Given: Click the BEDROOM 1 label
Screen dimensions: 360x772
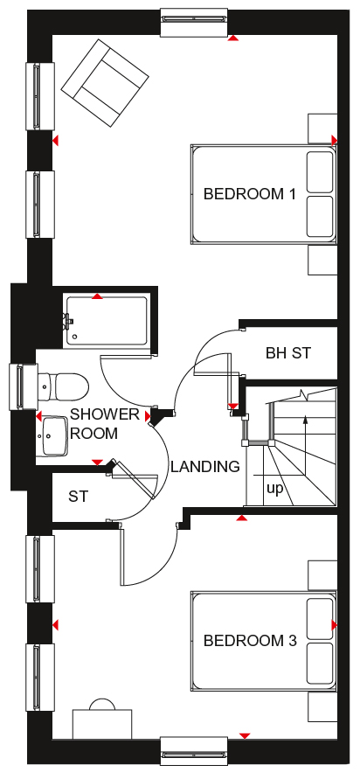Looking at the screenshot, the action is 249,194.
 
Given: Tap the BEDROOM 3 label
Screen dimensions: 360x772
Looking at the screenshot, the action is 250,641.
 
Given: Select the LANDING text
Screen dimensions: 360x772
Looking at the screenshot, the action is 205,466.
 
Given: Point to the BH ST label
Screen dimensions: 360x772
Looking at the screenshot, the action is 288,353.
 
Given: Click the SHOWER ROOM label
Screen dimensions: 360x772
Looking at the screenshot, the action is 105,424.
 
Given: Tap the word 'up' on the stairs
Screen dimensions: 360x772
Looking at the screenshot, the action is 274,490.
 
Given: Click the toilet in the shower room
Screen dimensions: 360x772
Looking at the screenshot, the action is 62,386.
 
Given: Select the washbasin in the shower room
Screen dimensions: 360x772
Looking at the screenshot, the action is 54,436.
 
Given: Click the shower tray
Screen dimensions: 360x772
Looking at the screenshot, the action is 106,321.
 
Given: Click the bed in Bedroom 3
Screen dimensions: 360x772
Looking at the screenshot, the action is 264,641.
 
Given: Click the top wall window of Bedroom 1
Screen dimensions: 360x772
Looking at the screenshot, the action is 194,22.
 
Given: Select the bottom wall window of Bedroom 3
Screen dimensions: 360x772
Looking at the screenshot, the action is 194,751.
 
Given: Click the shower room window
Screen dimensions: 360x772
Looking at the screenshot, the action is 23,386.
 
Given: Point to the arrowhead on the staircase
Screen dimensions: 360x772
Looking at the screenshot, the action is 306,420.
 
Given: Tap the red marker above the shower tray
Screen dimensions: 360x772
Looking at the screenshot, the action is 98,296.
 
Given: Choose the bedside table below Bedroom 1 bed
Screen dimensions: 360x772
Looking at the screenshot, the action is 322,260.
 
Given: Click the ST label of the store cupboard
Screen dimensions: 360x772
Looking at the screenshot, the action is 78,497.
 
